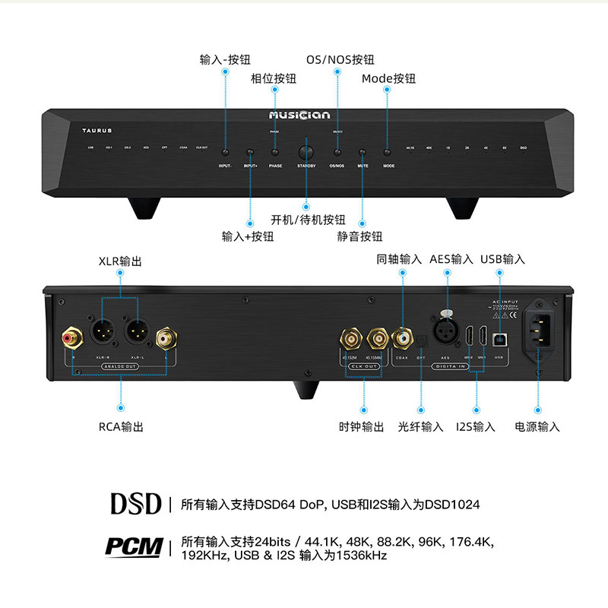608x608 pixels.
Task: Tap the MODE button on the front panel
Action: point(387,152)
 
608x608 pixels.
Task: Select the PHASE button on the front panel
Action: point(274,152)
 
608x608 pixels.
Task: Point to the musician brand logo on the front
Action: point(304,116)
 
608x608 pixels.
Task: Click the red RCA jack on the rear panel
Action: point(72,335)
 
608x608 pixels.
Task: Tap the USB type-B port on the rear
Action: point(499,335)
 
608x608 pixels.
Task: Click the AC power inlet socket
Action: point(540,331)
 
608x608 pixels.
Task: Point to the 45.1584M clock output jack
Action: point(378,335)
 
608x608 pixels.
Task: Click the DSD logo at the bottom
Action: point(136,503)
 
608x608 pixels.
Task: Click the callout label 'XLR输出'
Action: point(120,261)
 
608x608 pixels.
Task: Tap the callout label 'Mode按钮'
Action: point(388,78)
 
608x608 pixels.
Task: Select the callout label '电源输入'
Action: point(537,426)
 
